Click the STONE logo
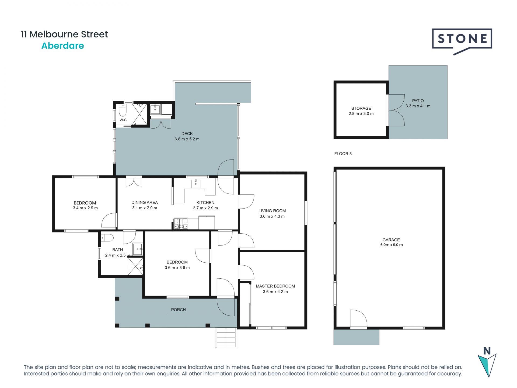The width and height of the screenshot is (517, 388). [x=462, y=39]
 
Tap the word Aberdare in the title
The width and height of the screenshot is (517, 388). [x=62, y=46]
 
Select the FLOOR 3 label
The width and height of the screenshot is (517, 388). [x=343, y=154]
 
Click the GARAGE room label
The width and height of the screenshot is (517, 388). [x=391, y=240]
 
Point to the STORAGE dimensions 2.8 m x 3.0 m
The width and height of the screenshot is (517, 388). [x=361, y=114]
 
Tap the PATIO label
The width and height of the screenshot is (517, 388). [x=418, y=101]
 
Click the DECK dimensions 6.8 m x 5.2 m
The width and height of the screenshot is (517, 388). [x=187, y=139]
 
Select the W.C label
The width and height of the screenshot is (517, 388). [x=123, y=120]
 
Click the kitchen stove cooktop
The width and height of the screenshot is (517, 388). [x=181, y=224]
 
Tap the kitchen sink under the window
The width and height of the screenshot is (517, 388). [x=196, y=184]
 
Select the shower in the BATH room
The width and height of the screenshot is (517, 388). [x=135, y=266]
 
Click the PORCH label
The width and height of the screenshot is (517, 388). [x=178, y=310]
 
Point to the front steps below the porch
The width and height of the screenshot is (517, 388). [x=226, y=337]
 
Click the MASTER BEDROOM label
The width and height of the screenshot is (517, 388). [x=275, y=286]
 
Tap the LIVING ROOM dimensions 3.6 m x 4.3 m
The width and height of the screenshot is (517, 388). [x=272, y=216]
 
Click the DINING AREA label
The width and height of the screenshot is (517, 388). [x=145, y=202]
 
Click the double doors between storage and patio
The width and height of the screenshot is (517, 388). [x=396, y=110]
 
